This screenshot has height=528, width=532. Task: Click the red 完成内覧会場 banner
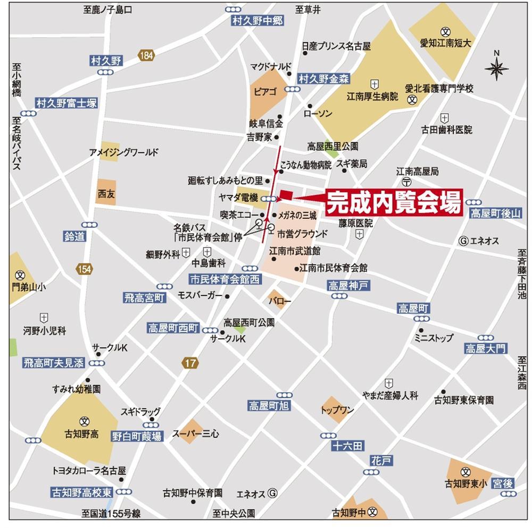coord(393,202)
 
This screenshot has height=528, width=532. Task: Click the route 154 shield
coord(84,269)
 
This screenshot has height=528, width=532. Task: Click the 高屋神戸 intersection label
coord(348,286)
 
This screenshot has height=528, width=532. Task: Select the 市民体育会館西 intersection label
coord(226,279)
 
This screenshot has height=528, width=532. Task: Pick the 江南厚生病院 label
coord(372,97)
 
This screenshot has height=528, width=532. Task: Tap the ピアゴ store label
coord(265,92)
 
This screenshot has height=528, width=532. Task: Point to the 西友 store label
coord(106,194)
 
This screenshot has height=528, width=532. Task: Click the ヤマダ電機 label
coord(238,197)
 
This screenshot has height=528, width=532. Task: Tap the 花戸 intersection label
coord(381,461)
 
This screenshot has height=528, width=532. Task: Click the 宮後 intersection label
coord(502,483)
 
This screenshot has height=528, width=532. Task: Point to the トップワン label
coord(337,410)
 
